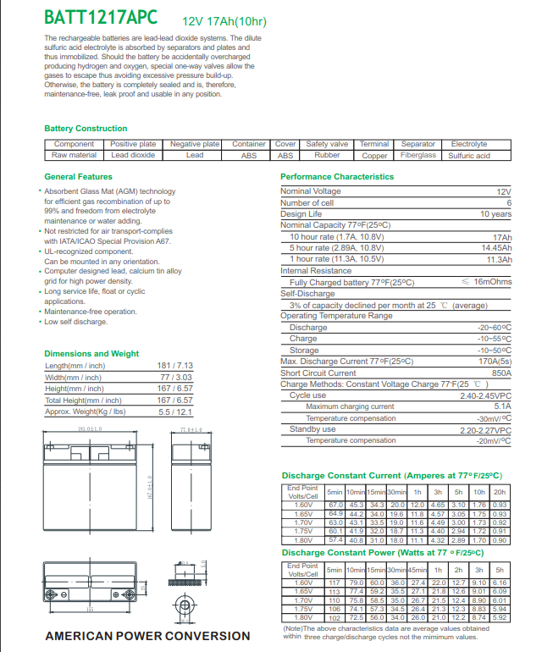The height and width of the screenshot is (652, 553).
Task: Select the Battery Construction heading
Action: coord(86,129)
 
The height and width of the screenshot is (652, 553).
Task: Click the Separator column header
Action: coord(418,144)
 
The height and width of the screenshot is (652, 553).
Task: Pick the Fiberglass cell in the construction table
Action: coord(418,156)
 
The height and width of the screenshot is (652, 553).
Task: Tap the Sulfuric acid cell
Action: coord(469,156)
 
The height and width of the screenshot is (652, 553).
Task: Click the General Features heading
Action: coord(78,177)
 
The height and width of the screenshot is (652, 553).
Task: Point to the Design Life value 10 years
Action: coord(496,214)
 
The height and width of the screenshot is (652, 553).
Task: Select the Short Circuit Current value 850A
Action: coord(501,373)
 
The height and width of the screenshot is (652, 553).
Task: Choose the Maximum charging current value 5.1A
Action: coord(503,406)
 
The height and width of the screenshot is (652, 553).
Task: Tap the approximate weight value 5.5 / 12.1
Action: coord(176,412)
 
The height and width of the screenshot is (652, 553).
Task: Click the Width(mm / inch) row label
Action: coord(74,377)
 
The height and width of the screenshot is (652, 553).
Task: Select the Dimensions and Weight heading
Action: coord(91,353)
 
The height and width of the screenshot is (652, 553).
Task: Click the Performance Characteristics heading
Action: coord(337,177)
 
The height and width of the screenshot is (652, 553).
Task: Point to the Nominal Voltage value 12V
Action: coord(504,192)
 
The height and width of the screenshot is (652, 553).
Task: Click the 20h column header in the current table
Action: coord(500,491)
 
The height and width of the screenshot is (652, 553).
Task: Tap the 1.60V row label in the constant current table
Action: coord(302,505)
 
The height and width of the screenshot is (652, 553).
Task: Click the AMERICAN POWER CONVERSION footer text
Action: coord(147,636)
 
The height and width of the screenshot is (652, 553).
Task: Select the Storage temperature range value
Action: coord(495,350)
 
